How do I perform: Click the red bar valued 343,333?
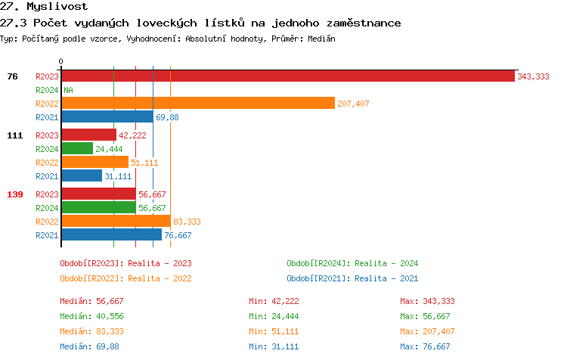pyautogui.click(x=287, y=76)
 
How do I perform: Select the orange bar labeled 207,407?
pyautogui.click(x=197, y=103)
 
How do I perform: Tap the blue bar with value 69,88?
pyautogui.click(x=107, y=116)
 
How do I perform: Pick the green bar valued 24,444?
pyautogui.click(x=77, y=149)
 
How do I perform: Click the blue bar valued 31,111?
pyautogui.click(x=82, y=176)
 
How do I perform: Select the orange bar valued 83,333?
pyautogui.click(x=116, y=221)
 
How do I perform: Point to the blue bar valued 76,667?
pyautogui.click(x=111, y=234)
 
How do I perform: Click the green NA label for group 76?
pyautogui.click(x=68, y=90)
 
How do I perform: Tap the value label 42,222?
pyautogui.click(x=132, y=135)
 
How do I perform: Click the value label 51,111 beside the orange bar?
pyautogui.click(x=144, y=163)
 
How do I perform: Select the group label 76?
pyautogui.click(x=13, y=76)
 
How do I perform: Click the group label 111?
pyautogui.click(x=14, y=135)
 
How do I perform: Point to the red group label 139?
pyautogui.click(x=14, y=194)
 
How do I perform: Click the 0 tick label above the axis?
pyautogui.click(x=61, y=61)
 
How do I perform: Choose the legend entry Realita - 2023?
pyautogui.click(x=125, y=263)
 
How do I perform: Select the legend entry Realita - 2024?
pyautogui.click(x=352, y=263)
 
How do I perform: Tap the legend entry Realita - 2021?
pyautogui.click(x=352, y=278)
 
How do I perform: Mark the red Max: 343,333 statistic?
pyautogui.click(x=427, y=301)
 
